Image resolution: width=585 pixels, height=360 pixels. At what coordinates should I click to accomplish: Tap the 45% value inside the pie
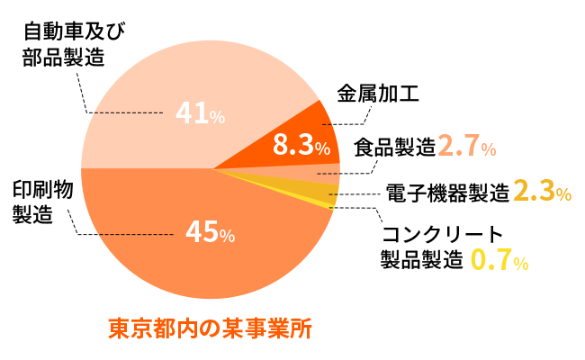[x=209, y=232]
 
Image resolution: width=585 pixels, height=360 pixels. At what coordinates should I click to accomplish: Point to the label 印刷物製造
[x=41, y=202]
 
